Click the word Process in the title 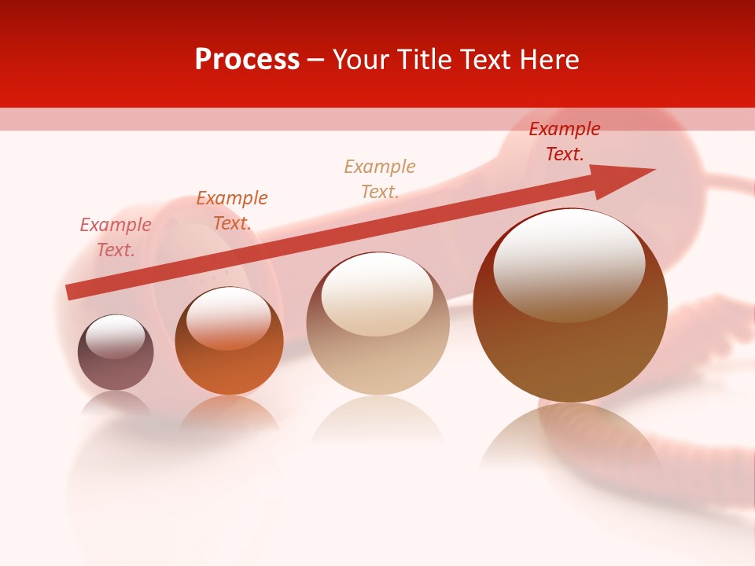pyautogui.click(x=247, y=60)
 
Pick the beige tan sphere pyautogui.click(x=377, y=346)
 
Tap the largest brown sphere pyautogui.click(x=570, y=346)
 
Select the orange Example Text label pyautogui.click(x=232, y=211)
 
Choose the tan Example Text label pyautogui.click(x=380, y=179)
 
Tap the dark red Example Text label pyautogui.click(x=565, y=141)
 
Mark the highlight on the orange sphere pyautogui.click(x=228, y=314)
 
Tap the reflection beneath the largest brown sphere pyautogui.click(x=570, y=440)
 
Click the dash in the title pyautogui.click(x=315, y=61)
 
